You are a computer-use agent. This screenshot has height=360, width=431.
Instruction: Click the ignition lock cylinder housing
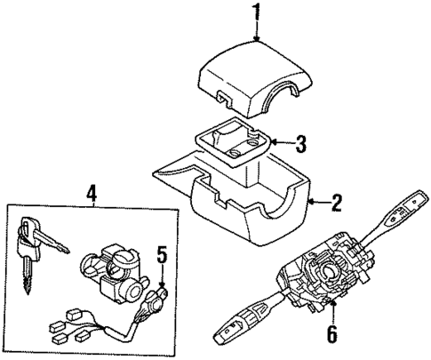(x=111, y=271)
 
